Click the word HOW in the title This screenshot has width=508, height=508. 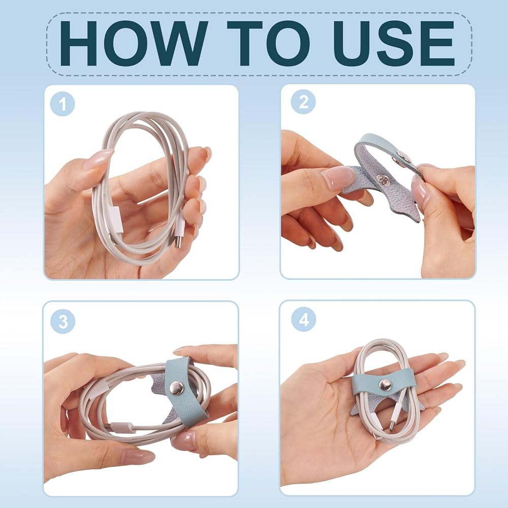[134, 43]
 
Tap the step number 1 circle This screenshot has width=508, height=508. [62, 104]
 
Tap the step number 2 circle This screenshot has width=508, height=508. [303, 102]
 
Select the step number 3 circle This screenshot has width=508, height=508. [63, 322]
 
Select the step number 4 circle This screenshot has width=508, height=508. [304, 320]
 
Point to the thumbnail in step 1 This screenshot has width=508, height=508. [98, 158]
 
